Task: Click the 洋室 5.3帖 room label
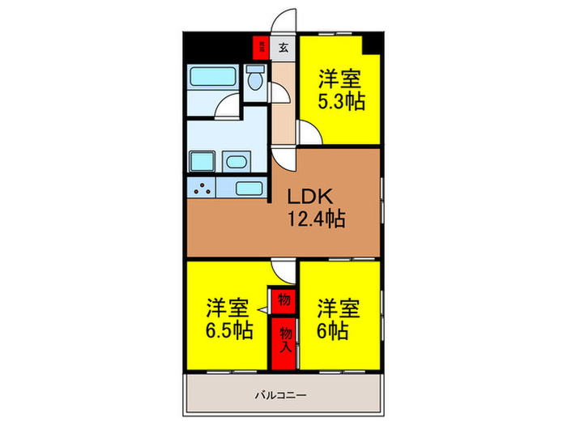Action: (340, 90)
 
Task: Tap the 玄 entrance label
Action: (283, 47)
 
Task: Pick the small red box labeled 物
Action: (284, 300)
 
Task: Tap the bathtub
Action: (213, 79)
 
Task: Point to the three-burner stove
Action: (202, 189)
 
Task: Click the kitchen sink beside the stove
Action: (249, 189)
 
